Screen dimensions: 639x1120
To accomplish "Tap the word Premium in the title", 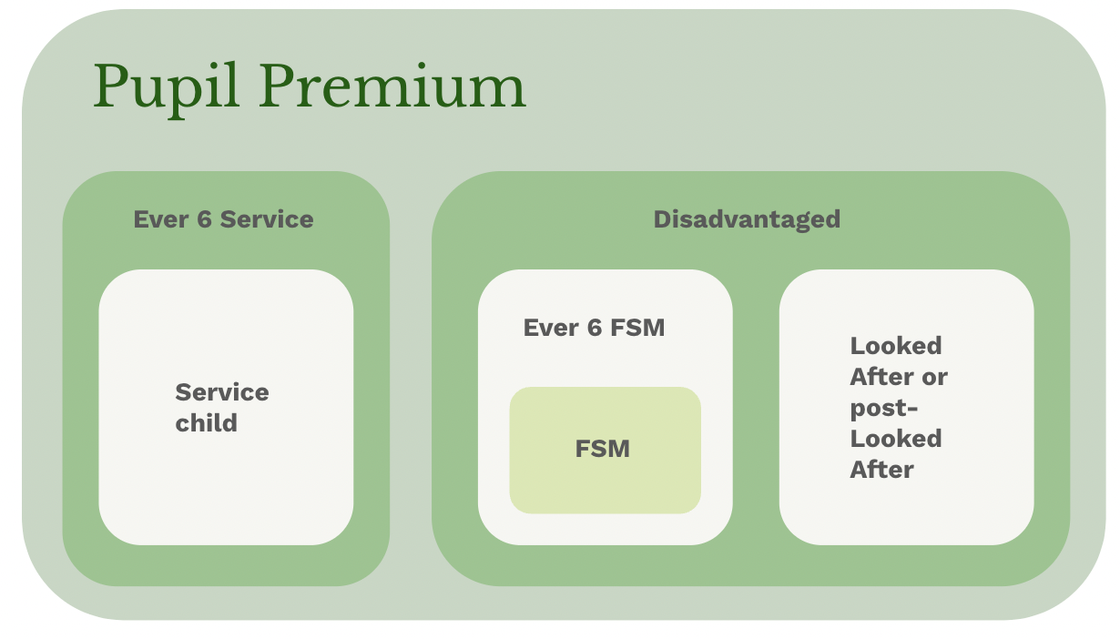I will (x=392, y=86).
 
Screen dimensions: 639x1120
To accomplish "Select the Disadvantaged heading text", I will (x=747, y=219).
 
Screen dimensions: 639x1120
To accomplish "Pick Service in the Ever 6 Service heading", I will (x=267, y=219).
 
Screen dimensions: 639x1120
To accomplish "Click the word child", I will (x=206, y=423).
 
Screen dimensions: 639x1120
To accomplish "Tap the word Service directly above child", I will (x=222, y=392).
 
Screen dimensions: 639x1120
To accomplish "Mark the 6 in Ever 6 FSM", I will (x=595, y=328).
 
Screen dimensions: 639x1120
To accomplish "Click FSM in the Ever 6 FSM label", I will (x=637, y=328).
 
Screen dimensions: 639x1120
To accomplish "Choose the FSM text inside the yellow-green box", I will (x=603, y=449).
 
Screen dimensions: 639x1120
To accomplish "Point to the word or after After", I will (x=935, y=377).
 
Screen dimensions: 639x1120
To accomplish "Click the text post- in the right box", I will (x=883, y=409).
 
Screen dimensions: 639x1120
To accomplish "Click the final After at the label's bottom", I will (x=881, y=470).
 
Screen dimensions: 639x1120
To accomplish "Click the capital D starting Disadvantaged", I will (x=662, y=219).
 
